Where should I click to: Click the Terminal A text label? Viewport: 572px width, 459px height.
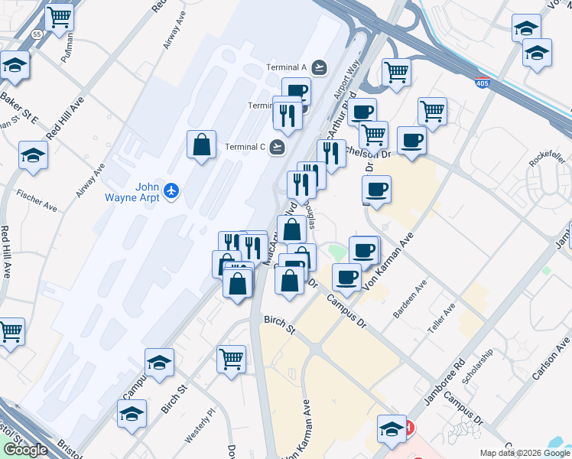tap(287, 67)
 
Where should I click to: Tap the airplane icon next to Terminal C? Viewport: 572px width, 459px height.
tap(278, 146)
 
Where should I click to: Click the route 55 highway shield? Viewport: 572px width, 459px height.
tap(37, 34)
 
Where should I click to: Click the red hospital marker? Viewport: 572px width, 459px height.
tap(408, 428)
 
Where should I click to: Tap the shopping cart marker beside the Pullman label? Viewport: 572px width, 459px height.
tap(59, 16)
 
